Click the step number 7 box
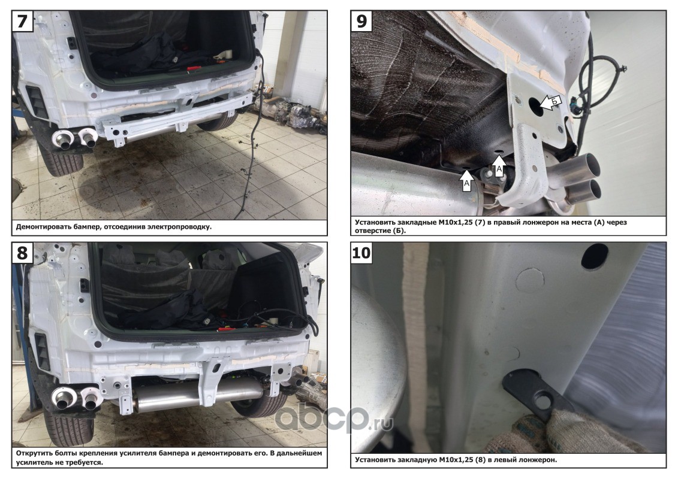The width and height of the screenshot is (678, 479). [22, 21]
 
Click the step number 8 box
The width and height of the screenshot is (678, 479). [22, 253]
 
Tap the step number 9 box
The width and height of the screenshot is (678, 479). [361, 21]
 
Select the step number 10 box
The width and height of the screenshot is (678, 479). [361, 253]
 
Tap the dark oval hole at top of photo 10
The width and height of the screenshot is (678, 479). [595, 256]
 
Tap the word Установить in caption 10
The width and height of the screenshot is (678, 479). [373, 460]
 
